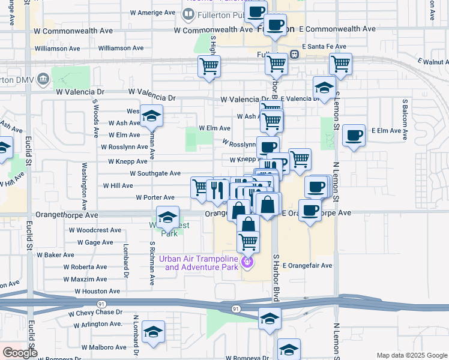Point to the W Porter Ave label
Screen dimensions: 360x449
coord(155,197)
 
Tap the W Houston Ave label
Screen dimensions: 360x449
coord(97,291)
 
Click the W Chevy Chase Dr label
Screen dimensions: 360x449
coord(95,313)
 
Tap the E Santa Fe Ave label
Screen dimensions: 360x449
coord(324,46)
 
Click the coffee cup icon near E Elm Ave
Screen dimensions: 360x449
coord(354,135)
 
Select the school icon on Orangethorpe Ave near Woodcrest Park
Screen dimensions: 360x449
coord(167,217)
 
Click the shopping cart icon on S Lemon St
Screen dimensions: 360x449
coord(340,64)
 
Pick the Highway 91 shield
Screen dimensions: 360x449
coord(236,308)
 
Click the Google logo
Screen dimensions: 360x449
coord(20,353)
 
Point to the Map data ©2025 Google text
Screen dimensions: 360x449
coord(411,355)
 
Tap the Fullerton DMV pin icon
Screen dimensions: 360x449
coord(43,79)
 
